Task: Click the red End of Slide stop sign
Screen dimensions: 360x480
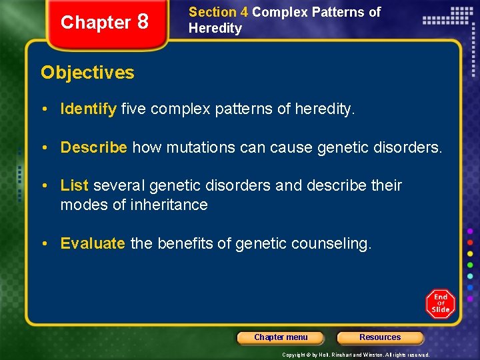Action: click(x=441, y=303)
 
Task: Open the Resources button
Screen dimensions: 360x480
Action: click(x=380, y=337)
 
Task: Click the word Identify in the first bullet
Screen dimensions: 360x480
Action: click(x=89, y=109)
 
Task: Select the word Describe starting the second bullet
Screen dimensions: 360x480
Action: click(x=93, y=147)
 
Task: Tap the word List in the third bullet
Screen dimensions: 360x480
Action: click(x=75, y=185)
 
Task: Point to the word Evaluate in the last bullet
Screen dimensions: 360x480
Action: click(x=93, y=243)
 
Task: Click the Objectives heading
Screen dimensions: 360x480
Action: click(x=87, y=73)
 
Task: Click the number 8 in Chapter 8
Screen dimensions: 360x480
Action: click(x=142, y=22)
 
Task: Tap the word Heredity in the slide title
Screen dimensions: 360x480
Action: click(x=215, y=28)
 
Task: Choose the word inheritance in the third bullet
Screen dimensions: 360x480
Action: click(x=170, y=205)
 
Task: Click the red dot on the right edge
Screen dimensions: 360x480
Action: click(x=470, y=242)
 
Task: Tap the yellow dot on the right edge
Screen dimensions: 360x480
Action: click(x=470, y=253)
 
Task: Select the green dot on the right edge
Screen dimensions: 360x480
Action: click(x=470, y=265)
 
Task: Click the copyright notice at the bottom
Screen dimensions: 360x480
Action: click(x=356, y=355)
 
